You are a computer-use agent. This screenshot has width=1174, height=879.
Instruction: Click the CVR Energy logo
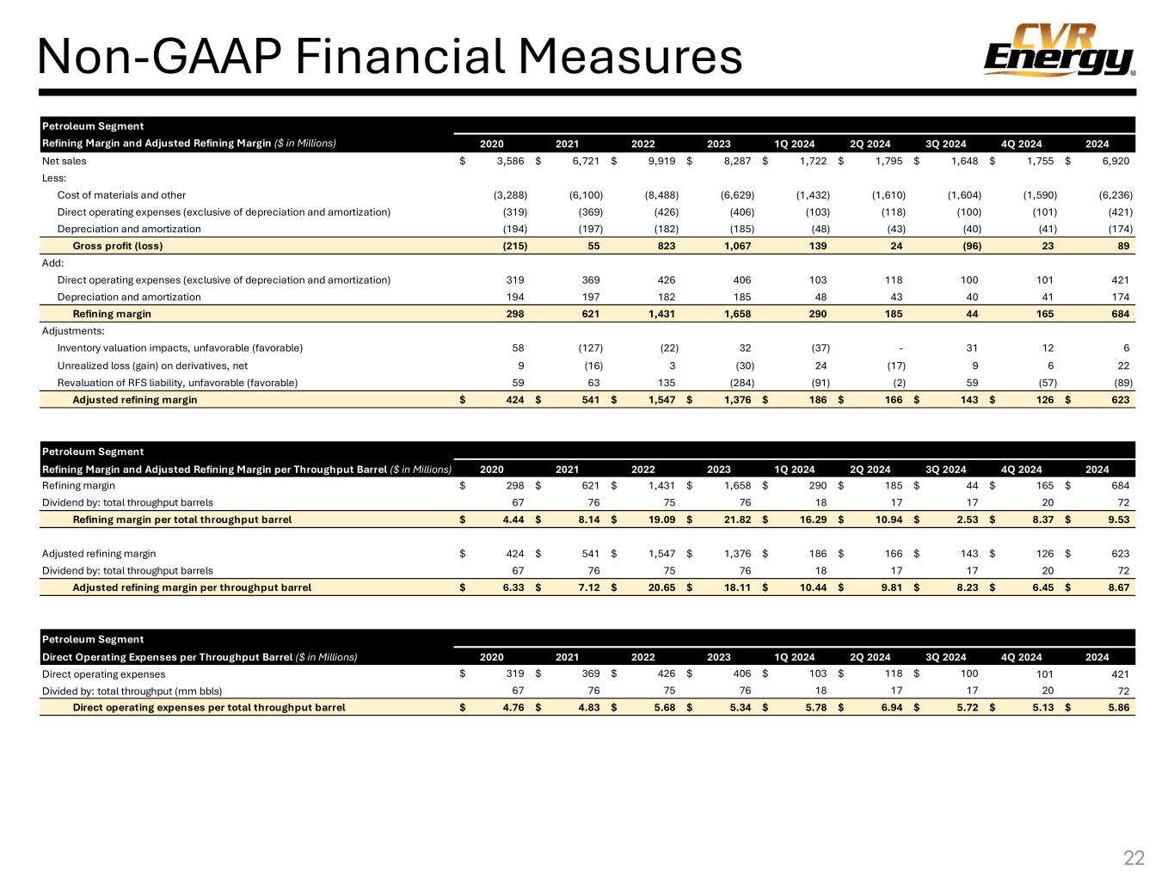[x=1059, y=51]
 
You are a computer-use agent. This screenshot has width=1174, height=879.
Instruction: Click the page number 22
[x=1134, y=857]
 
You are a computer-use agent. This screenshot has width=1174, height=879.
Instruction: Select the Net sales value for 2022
[x=660, y=161]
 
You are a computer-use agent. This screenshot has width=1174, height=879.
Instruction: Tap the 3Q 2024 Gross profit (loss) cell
[x=967, y=246]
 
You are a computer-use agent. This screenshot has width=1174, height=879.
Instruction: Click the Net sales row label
[x=65, y=161]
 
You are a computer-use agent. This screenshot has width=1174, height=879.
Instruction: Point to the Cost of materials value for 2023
[x=737, y=195]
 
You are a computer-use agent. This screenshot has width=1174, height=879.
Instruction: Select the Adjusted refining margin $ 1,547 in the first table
[x=660, y=399]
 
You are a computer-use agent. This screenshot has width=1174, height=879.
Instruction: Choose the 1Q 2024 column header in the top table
[x=794, y=144]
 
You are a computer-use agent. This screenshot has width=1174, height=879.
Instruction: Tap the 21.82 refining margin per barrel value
[x=739, y=519]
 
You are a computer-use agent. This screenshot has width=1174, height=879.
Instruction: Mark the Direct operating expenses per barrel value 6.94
[x=889, y=707]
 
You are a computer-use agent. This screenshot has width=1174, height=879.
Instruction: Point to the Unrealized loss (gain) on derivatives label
[x=152, y=366]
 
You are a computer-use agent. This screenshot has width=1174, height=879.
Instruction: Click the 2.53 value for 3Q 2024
[x=967, y=519]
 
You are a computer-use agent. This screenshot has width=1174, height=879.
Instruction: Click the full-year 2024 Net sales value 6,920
[x=1114, y=161]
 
